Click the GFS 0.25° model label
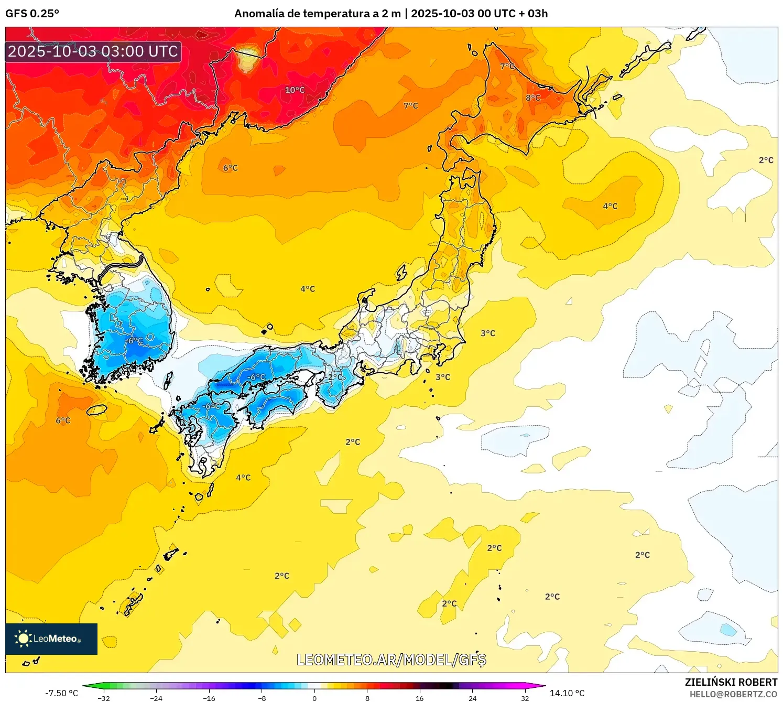coord(32,14)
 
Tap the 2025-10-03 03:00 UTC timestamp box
coord(93,52)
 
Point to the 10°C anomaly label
coord(295,90)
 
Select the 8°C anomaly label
coord(533,98)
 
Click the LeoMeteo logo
coord(51,639)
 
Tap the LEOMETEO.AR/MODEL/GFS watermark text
coord(391,660)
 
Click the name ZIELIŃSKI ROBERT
coord(731,682)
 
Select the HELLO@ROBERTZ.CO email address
coord(733,694)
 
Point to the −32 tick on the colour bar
coord(104,698)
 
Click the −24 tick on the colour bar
coord(156,698)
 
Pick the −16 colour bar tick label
coord(209,698)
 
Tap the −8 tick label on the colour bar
coord(262,698)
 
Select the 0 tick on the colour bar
coord(314,698)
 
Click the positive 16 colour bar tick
coord(420,698)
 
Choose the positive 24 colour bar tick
coord(472,698)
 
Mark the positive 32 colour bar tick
coord(525,698)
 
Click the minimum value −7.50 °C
coord(61,693)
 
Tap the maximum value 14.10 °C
coord(567,693)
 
